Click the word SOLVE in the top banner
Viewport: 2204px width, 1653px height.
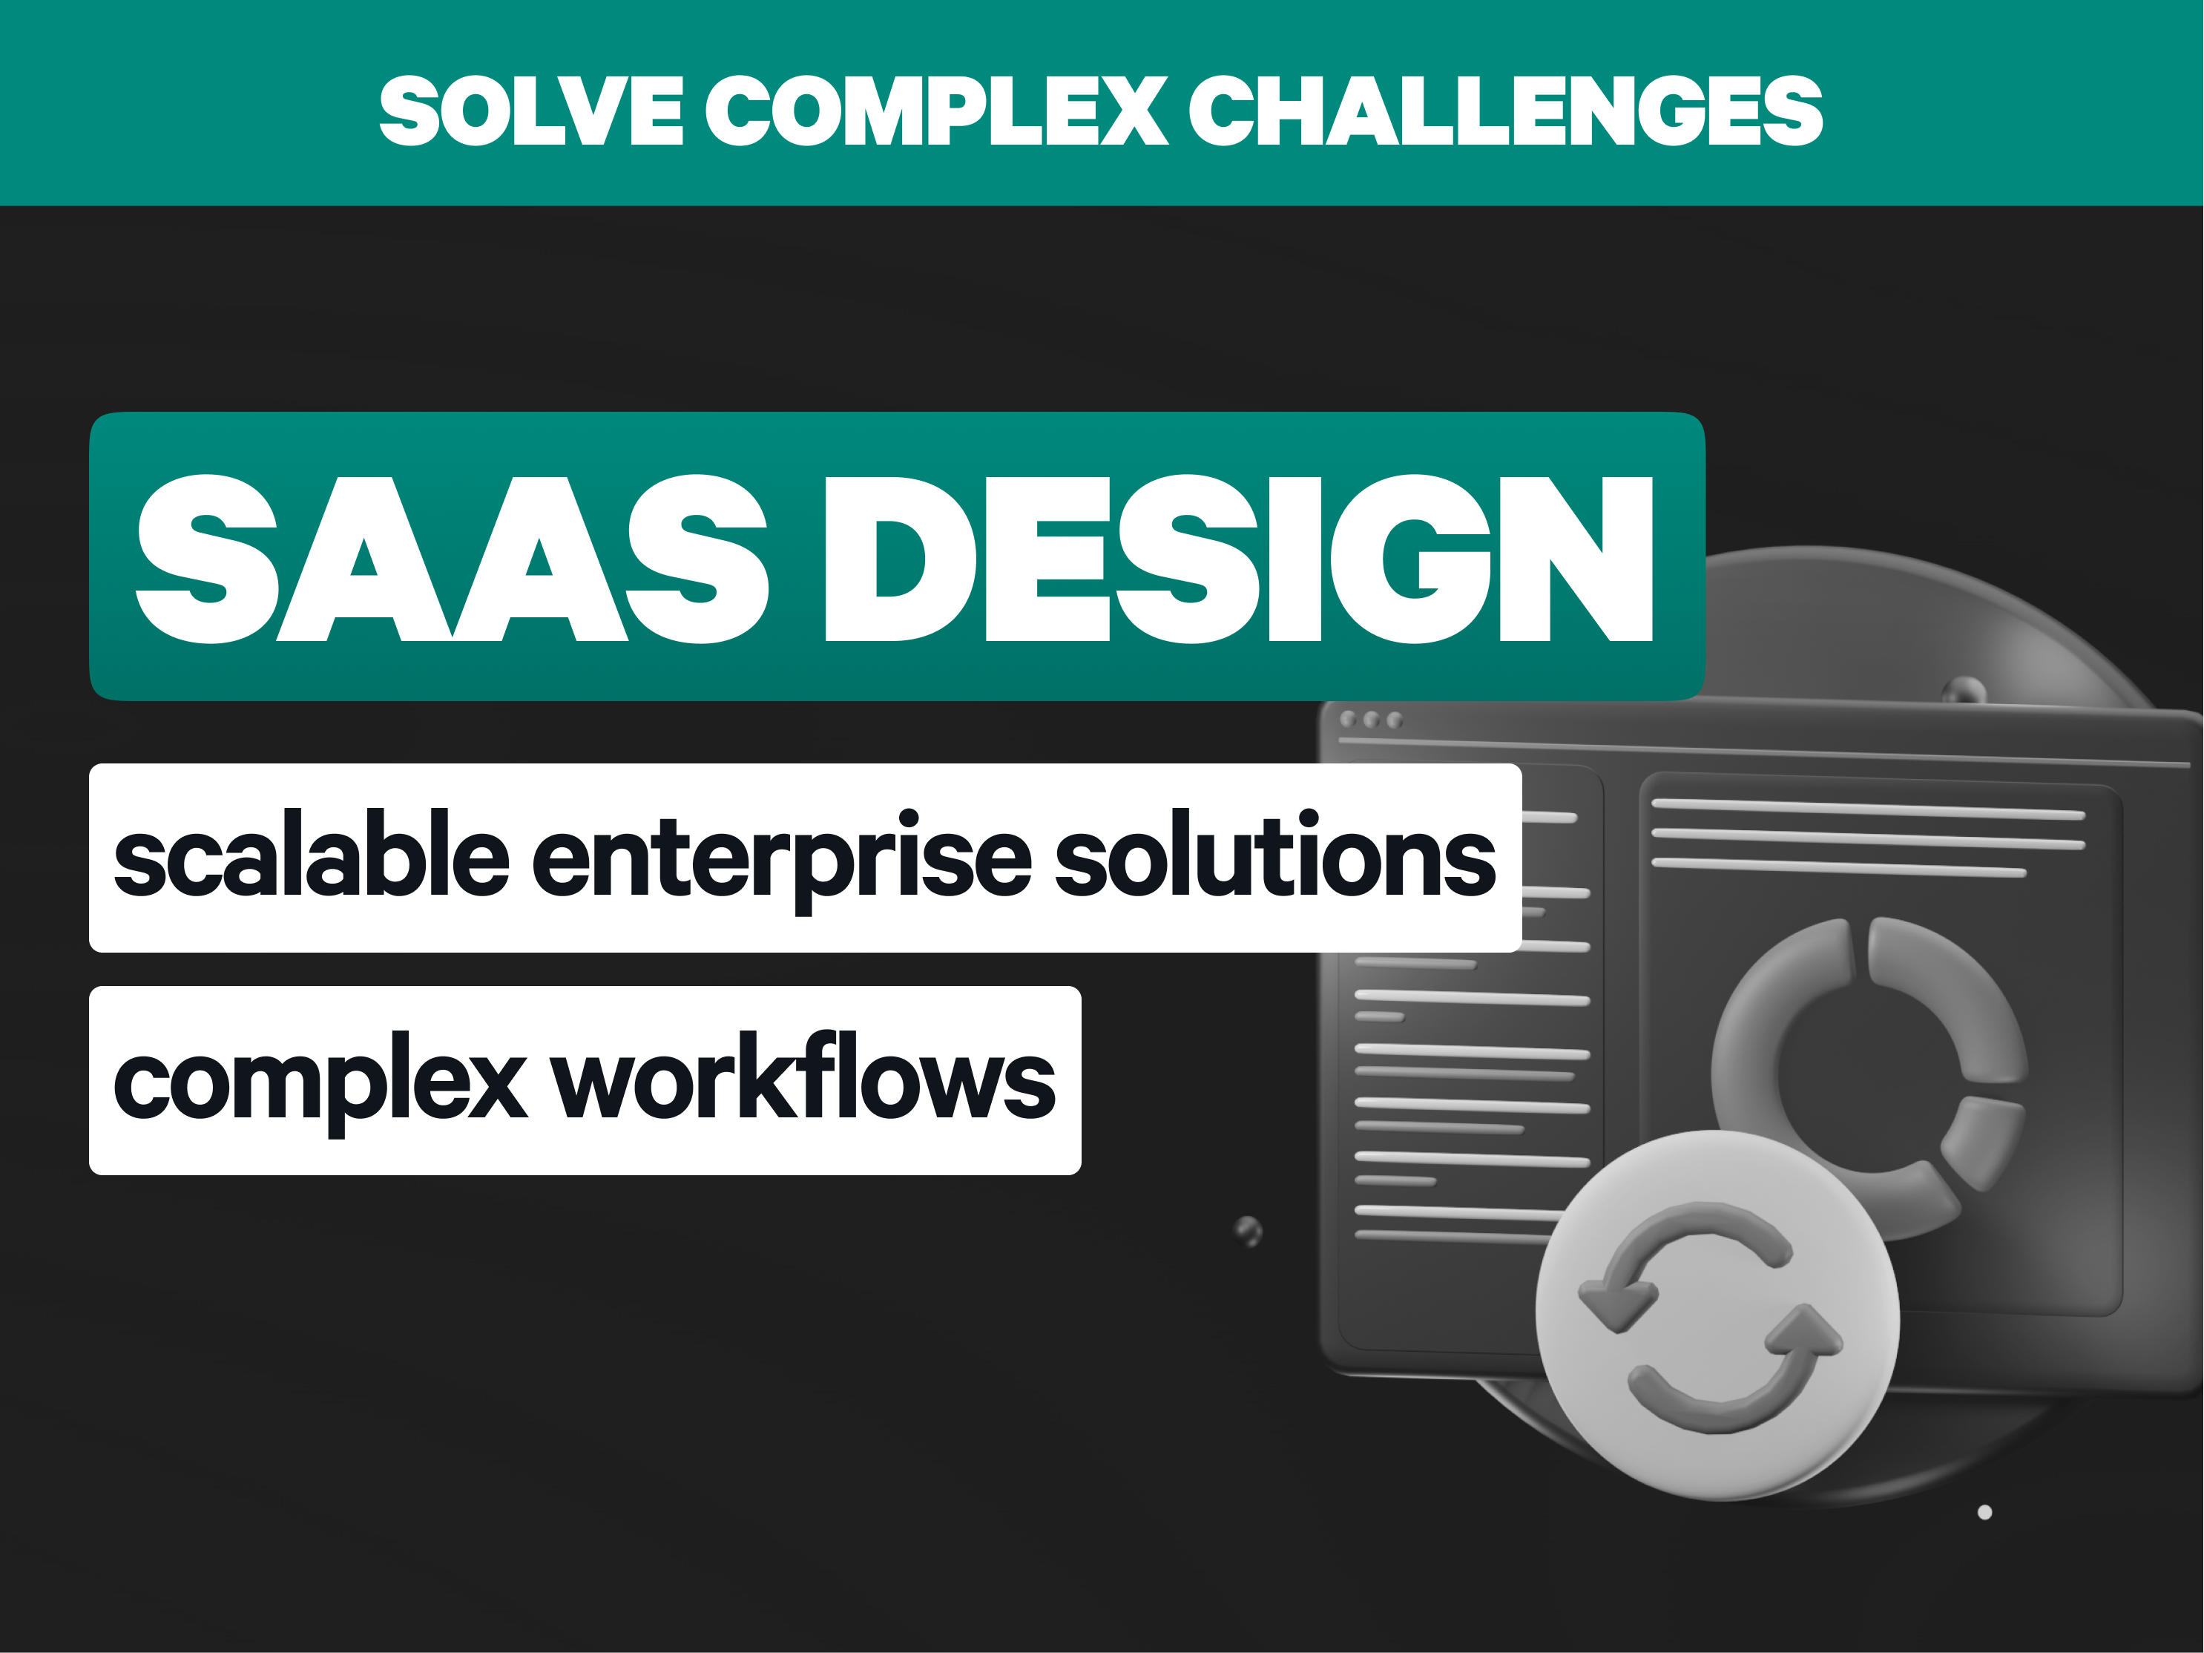[531, 111]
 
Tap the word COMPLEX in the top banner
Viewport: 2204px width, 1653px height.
[937, 111]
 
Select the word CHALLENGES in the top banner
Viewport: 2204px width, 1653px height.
[1505, 111]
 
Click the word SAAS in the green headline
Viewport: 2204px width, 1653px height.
[453, 558]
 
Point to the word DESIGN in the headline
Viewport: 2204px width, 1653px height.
[1240, 558]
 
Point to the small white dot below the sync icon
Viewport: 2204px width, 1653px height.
[1985, 1513]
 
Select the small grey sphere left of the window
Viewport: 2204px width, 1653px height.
[1249, 1231]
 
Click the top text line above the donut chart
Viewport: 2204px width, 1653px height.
[1868, 808]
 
